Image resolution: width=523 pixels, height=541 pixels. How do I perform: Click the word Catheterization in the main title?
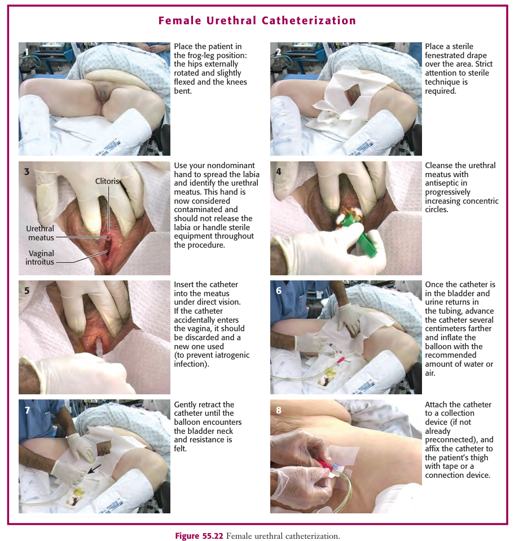309,21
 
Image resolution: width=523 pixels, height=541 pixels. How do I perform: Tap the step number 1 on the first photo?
27,52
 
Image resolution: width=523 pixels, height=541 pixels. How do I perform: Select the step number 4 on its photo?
278,171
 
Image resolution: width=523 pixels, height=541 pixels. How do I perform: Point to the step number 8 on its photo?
278,410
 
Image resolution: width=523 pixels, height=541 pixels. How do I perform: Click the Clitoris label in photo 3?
107,181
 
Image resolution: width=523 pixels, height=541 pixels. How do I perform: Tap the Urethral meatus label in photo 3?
41,233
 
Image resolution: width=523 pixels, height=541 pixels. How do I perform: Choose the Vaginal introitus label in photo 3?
40,257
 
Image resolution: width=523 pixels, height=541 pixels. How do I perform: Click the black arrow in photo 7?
94,469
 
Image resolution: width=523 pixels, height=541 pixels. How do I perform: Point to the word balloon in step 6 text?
437,346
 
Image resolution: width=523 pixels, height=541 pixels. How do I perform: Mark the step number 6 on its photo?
278,291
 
